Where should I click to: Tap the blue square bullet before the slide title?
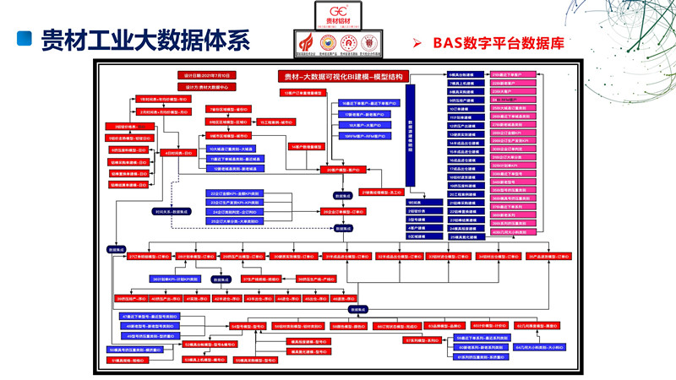coord(25,40)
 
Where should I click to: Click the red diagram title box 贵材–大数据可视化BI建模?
coord(341,76)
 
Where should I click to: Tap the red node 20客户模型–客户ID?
coord(341,170)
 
